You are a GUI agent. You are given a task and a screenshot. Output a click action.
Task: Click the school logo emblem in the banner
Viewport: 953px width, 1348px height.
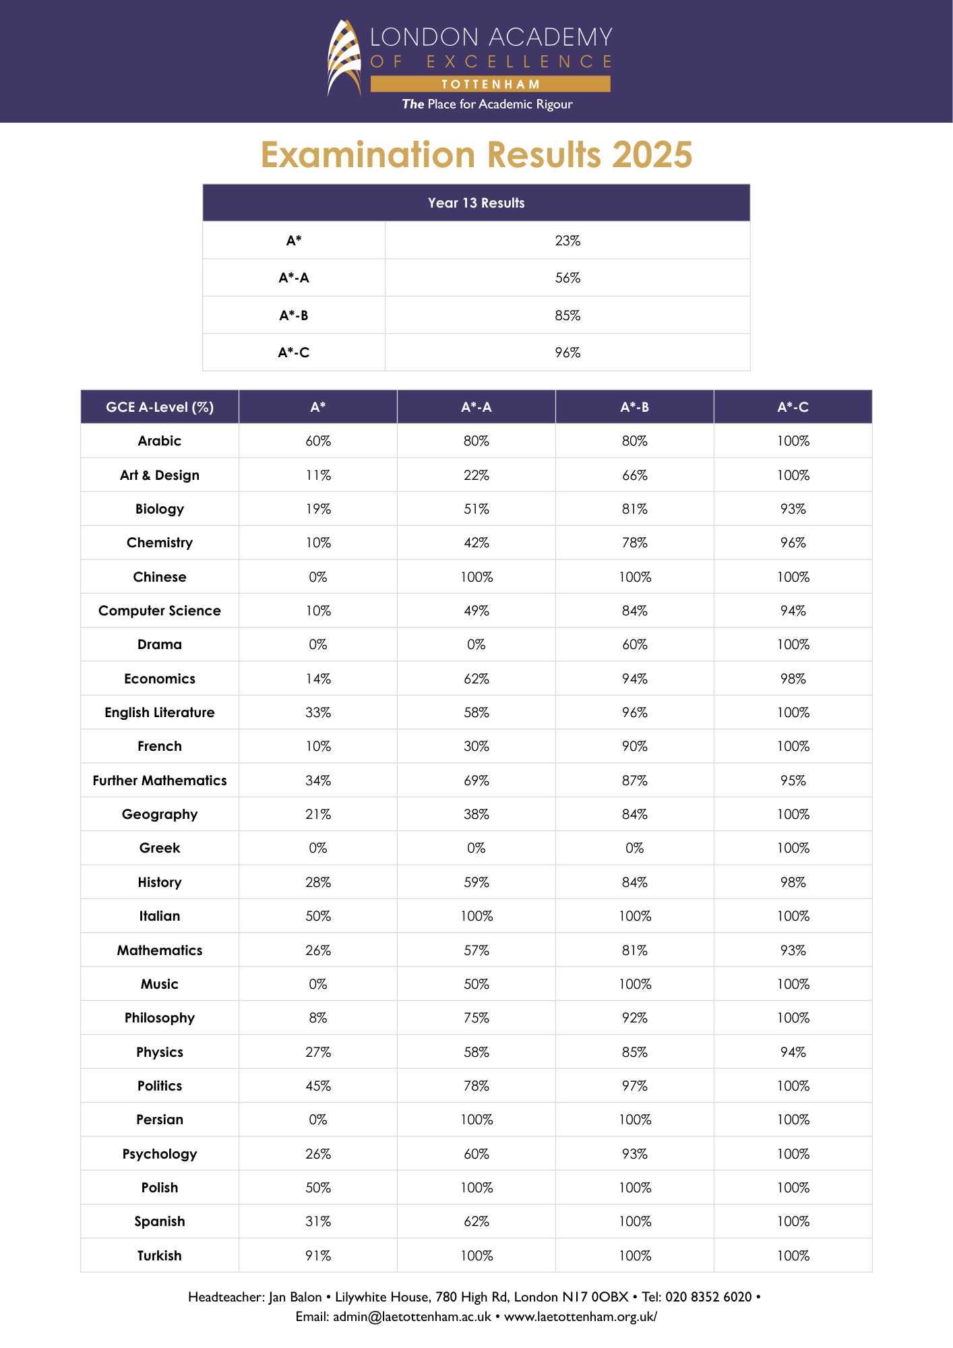click(344, 58)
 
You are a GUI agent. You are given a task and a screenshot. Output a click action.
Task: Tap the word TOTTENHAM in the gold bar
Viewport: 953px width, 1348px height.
click(491, 84)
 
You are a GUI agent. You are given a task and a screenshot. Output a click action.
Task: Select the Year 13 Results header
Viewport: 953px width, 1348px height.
click(476, 203)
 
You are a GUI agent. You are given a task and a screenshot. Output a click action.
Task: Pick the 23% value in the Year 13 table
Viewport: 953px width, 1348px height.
click(567, 241)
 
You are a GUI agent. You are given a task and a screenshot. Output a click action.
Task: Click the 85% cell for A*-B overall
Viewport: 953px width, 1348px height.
click(567, 315)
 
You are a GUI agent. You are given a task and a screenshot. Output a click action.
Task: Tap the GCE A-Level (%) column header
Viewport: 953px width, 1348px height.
click(160, 407)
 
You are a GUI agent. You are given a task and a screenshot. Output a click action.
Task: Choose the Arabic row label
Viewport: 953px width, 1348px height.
click(160, 441)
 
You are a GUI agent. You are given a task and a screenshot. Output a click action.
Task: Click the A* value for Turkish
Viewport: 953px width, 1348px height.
click(318, 1256)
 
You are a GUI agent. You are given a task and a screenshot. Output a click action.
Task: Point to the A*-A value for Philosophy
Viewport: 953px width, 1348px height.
click(476, 1018)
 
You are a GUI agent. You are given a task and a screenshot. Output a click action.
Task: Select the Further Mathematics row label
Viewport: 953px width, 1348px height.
click(160, 780)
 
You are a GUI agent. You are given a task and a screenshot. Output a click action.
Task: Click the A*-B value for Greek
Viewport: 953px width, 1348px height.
click(635, 848)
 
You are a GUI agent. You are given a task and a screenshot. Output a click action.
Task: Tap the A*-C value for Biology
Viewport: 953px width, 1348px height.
click(793, 509)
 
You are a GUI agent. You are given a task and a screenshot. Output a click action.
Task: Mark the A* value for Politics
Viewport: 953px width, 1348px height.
click(318, 1086)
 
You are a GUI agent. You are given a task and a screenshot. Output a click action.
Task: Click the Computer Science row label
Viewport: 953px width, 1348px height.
click(160, 611)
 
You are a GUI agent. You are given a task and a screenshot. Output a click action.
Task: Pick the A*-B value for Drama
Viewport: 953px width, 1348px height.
click(635, 644)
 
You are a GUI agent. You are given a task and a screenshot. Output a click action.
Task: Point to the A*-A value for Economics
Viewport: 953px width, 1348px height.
click(476, 679)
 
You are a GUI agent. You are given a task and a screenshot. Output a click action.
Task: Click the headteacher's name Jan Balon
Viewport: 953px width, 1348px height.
click(295, 1297)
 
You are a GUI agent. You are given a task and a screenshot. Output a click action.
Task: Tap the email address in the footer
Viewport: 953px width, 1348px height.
click(412, 1316)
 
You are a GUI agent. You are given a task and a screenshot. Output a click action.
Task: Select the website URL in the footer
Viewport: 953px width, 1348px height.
click(580, 1316)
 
